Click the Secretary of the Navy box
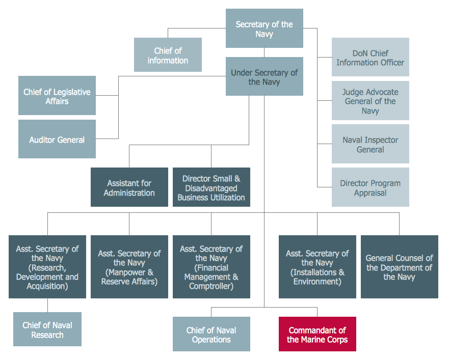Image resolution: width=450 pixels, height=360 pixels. (x=264, y=29)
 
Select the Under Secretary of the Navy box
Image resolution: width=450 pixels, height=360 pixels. (x=264, y=77)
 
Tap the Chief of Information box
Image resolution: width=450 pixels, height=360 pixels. (x=168, y=55)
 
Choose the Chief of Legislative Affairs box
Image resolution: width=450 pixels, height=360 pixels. (x=57, y=96)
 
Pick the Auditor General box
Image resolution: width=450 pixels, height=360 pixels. (x=57, y=140)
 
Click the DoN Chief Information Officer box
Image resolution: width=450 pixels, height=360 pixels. (x=370, y=58)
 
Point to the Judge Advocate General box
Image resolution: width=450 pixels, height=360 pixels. (x=370, y=101)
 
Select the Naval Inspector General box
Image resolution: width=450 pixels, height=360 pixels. (x=370, y=145)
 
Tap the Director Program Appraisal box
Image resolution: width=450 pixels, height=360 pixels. (x=370, y=188)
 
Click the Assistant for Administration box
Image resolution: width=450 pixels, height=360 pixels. (x=129, y=187)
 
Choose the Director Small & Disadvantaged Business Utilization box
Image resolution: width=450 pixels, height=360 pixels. (x=211, y=187)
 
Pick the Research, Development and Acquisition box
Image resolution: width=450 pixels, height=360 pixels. (x=47, y=267)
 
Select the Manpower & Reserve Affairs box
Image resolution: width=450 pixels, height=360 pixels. (x=129, y=267)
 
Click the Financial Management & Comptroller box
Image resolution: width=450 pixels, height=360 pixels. (x=211, y=267)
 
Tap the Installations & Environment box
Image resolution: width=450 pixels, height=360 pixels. (x=317, y=267)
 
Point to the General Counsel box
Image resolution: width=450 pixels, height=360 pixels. (x=399, y=267)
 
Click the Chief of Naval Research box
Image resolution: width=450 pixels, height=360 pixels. (x=47, y=329)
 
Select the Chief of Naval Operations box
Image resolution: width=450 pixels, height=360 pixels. (x=211, y=335)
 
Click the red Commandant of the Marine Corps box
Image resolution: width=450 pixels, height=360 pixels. (x=317, y=335)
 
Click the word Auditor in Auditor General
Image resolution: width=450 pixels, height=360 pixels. (x=43, y=140)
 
